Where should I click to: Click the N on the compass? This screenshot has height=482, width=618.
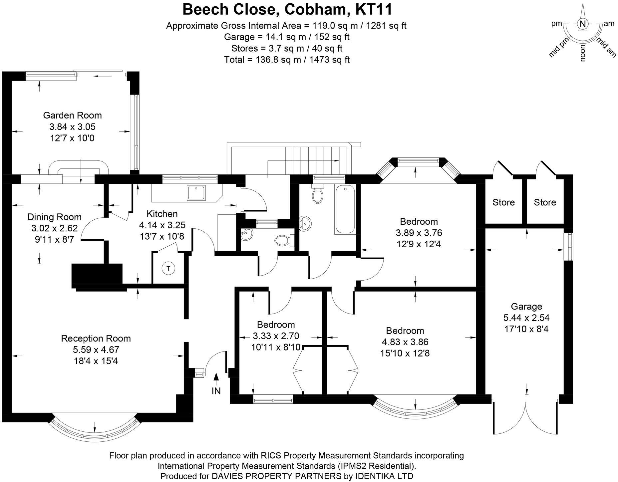click(x=582, y=24)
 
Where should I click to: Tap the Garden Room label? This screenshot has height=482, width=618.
click(x=72, y=116)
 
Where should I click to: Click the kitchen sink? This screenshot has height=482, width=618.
click(x=196, y=193)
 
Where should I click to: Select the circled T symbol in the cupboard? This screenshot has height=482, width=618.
click(x=168, y=268)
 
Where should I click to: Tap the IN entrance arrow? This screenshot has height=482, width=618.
click(x=216, y=377)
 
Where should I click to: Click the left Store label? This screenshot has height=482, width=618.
click(x=503, y=202)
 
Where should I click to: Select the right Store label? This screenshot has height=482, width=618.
click(x=545, y=202)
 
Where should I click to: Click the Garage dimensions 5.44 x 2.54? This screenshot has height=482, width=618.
click(x=526, y=318)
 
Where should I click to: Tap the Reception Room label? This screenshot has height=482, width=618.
click(x=96, y=339)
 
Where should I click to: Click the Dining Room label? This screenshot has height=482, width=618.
click(x=54, y=217)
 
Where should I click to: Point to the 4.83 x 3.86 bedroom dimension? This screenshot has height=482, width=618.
click(x=405, y=342)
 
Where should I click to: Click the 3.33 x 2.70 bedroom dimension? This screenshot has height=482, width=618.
click(x=276, y=336)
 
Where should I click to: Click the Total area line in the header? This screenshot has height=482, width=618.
click(x=287, y=60)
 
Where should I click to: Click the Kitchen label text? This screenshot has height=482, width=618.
click(x=162, y=214)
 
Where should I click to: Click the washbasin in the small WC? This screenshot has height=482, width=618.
click(x=247, y=234)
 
